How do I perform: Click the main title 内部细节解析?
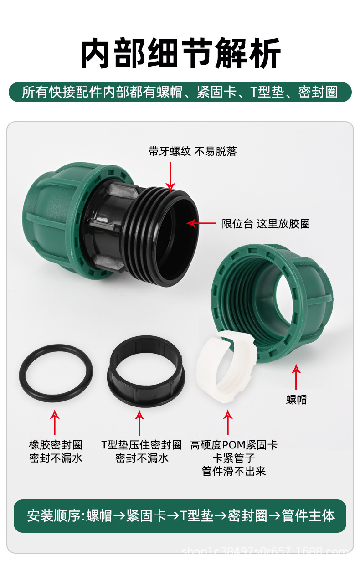coord(180,54)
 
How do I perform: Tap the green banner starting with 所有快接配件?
coord(180,92)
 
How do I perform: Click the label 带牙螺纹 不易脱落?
coord(192,151)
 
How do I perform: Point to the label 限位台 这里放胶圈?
coord(266,224)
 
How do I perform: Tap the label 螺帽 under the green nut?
coord(296,400)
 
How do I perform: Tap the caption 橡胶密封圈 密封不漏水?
coord(56,451)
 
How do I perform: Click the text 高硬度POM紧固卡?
coord(233,445)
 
